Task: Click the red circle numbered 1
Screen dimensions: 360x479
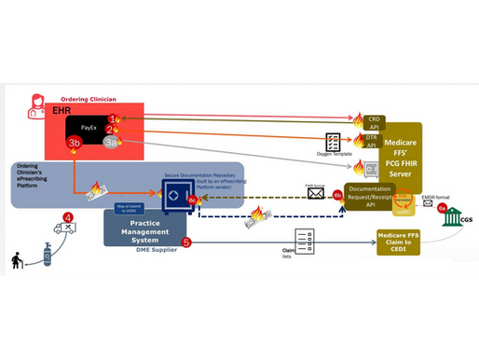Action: [112, 118]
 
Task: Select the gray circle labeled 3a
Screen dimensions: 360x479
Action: [112, 142]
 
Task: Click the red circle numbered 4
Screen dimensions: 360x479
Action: [68, 219]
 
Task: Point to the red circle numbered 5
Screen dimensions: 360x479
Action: [186, 243]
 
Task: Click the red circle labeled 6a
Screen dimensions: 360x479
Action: [442, 206]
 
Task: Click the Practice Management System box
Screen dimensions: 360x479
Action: [144, 228]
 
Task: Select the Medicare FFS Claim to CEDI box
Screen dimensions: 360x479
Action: [398, 241]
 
